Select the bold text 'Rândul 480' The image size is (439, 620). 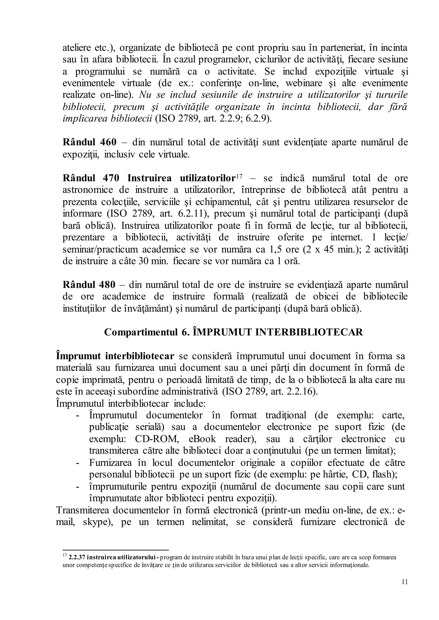coord(89,285)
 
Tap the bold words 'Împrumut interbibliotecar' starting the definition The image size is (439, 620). coord(115,356)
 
